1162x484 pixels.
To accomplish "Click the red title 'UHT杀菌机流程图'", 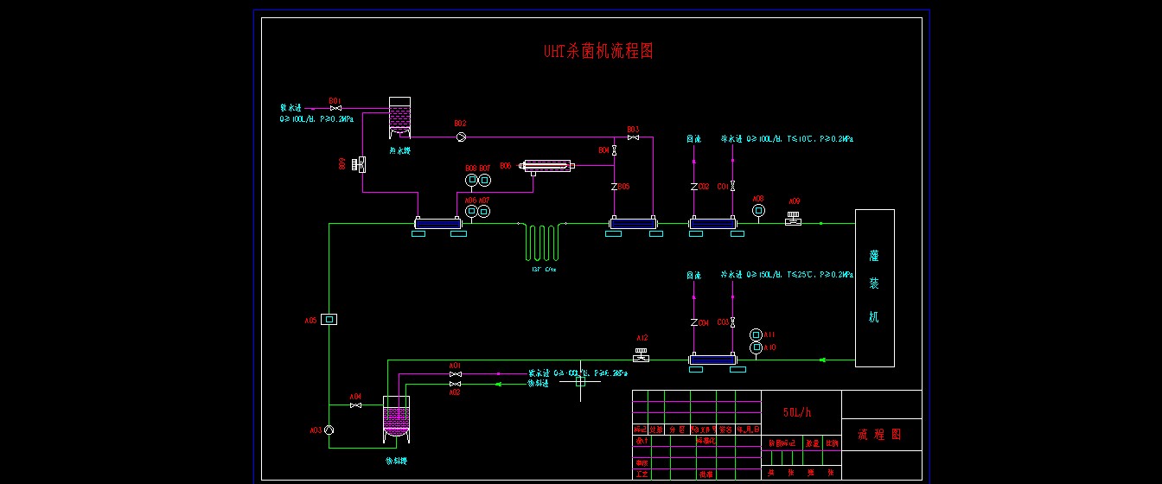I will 597,51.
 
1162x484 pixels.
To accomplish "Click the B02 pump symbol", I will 461,137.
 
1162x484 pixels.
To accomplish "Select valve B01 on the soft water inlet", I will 335,108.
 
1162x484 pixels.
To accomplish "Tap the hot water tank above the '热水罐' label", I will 399,116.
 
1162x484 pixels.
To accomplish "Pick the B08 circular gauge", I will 471,180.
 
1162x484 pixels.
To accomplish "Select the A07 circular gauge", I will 484,211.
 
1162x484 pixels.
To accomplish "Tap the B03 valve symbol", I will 633,138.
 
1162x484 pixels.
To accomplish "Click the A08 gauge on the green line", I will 758,210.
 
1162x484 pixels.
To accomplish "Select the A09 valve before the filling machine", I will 794,220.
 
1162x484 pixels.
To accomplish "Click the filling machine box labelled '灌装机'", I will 874,288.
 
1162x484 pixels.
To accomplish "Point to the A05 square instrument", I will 329,319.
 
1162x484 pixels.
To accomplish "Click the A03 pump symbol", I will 329,430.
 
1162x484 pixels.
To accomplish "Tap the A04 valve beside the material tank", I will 355,405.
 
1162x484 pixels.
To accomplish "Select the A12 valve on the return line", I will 642,355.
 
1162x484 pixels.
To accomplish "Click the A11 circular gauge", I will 757,334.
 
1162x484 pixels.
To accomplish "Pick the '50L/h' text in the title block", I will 797,413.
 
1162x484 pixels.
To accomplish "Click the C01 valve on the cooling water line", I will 733,186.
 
